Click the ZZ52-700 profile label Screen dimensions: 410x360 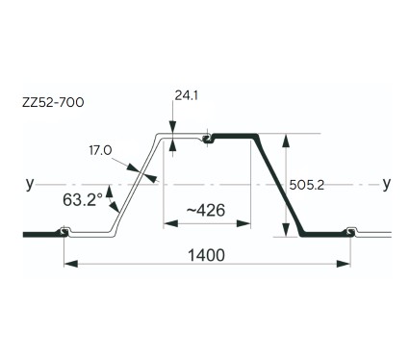pos(53,102)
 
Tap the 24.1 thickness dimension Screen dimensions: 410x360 pos(186,95)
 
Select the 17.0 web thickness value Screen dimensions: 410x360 pos(100,150)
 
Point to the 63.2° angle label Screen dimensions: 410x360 pos(83,200)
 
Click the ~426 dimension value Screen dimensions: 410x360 pos(206,210)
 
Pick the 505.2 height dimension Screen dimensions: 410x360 pos(307,185)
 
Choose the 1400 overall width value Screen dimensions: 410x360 pos(206,255)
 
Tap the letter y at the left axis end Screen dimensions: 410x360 pos(30,184)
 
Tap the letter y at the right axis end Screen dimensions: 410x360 pos(387,184)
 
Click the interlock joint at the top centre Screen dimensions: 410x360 pos(208,139)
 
